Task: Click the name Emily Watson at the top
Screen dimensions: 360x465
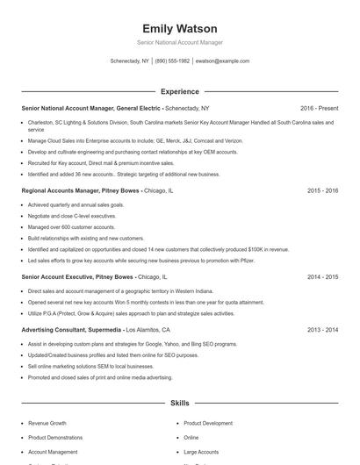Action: (x=179, y=28)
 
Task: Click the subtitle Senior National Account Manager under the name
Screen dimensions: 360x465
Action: (x=179, y=42)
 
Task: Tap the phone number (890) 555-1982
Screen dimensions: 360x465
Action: (x=172, y=61)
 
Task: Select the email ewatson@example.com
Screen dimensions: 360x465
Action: (x=222, y=61)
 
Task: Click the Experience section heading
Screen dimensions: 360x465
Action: (x=179, y=91)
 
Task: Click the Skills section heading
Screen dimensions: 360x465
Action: (x=179, y=404)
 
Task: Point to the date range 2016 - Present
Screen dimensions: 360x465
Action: (x=318, y=108)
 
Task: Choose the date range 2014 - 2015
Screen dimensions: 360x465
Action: (x=322, y=276)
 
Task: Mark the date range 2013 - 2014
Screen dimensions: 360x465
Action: (x=322, y=330)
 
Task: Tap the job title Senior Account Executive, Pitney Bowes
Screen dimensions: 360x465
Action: (x=77, y=276)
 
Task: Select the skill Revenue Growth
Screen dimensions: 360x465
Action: (x=47, y=423)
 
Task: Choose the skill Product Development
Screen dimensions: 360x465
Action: (x=208, y=423)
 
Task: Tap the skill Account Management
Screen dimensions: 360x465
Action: (x=53, y=451)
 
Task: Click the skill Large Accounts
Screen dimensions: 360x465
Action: (x=201, y=451)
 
